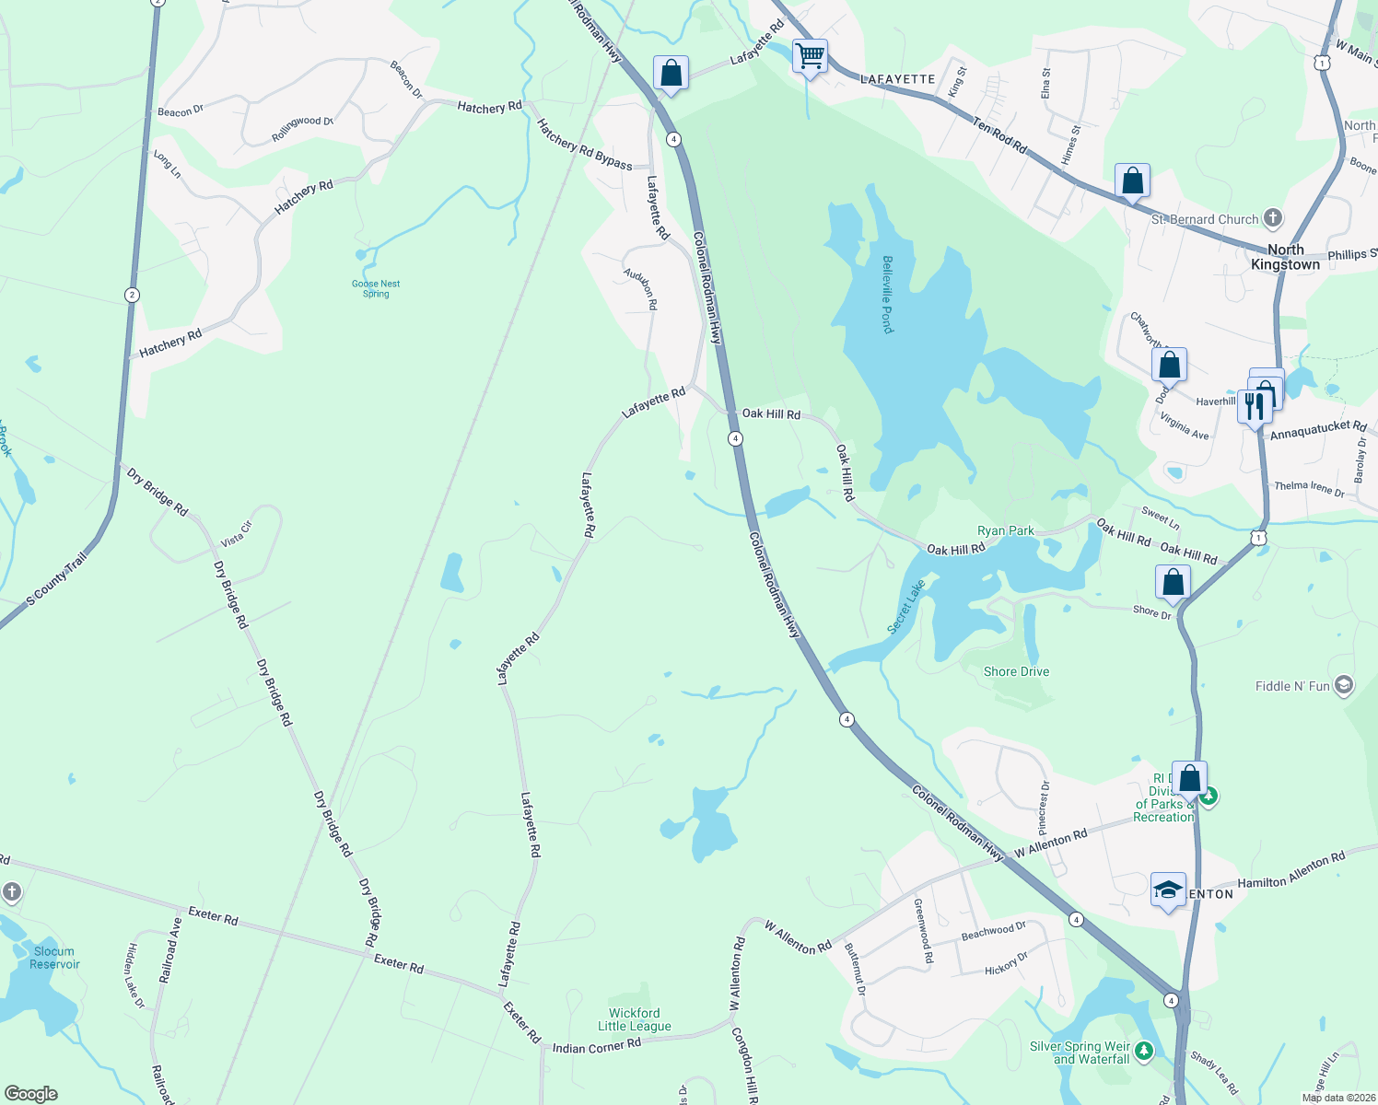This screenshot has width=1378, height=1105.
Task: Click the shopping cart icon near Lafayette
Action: click(x=810, y=56)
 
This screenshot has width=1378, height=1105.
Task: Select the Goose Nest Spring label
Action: click(x=376, y=288)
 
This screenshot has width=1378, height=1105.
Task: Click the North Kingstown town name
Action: click(x=1285, y=257)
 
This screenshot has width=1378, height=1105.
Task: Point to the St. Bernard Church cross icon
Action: click(x=1273, y=218)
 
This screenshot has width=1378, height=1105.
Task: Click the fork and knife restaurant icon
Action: click(x=1254, y=404)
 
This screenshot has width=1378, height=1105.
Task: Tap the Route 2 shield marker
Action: click(x=133, y=295)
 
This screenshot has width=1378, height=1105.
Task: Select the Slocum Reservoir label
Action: click(x=54, y=958)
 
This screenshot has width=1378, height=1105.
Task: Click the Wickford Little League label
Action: click(x=635, y=1019)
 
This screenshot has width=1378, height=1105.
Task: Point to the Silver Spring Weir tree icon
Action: click(x=1144, y=1050)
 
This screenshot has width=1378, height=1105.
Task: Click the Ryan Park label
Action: click(x=1005, y=530)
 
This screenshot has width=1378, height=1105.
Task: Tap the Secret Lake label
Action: click(x=906, y=606)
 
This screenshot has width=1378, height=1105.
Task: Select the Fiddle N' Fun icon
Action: click(x=1344, y=685)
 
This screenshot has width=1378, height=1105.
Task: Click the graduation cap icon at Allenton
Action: click(x=1168, y=890)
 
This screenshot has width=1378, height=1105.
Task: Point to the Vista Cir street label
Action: click(x=237, y=533)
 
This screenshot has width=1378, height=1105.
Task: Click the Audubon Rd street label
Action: click(x=641, y=289)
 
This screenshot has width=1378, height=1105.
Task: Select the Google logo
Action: click(x=31, y=1094)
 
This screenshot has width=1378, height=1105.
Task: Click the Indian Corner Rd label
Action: click(x=596, y=1047)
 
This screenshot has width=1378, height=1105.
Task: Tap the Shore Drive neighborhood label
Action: click(x=1016, y=671)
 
